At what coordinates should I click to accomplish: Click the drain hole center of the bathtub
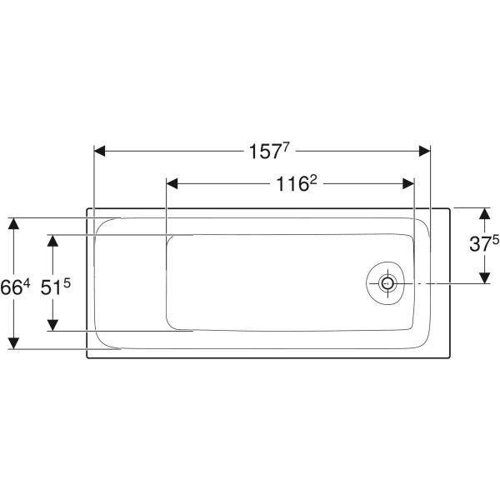pyautogui.click(x=387, y=283)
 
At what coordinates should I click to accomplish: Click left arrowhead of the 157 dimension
pyautogui.click(x=99, y=151)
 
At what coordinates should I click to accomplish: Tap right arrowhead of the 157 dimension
pyautogui.click(x=425, y=151)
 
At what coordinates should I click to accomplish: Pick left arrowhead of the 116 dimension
pyautogui.click(x=172, y=184)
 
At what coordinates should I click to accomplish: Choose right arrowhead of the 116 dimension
pyautogui.click(x=408, y=184)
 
